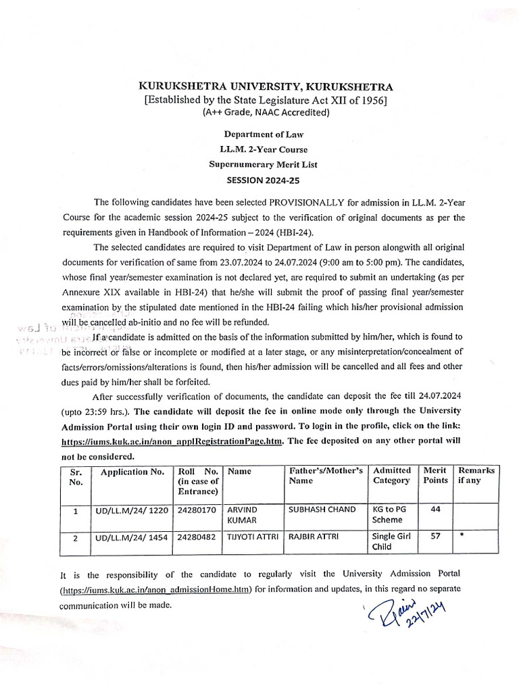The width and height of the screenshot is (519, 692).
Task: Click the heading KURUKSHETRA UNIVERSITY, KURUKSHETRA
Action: click(x=265, y=87)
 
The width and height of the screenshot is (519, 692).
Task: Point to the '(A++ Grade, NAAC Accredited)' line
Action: click(x=265, y=114)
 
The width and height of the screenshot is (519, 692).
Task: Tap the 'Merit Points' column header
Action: click(x=435, y=475)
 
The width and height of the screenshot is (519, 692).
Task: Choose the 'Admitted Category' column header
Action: click(x=391, y=475)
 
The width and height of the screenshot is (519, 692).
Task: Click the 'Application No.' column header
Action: click(x=128, y=471)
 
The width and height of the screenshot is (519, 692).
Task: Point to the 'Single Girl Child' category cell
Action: click(x=391, y=542)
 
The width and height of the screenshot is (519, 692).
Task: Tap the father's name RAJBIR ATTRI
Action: click(x=312, y=537)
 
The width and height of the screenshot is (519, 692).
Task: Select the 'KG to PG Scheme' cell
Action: click(x=390, y=515)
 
